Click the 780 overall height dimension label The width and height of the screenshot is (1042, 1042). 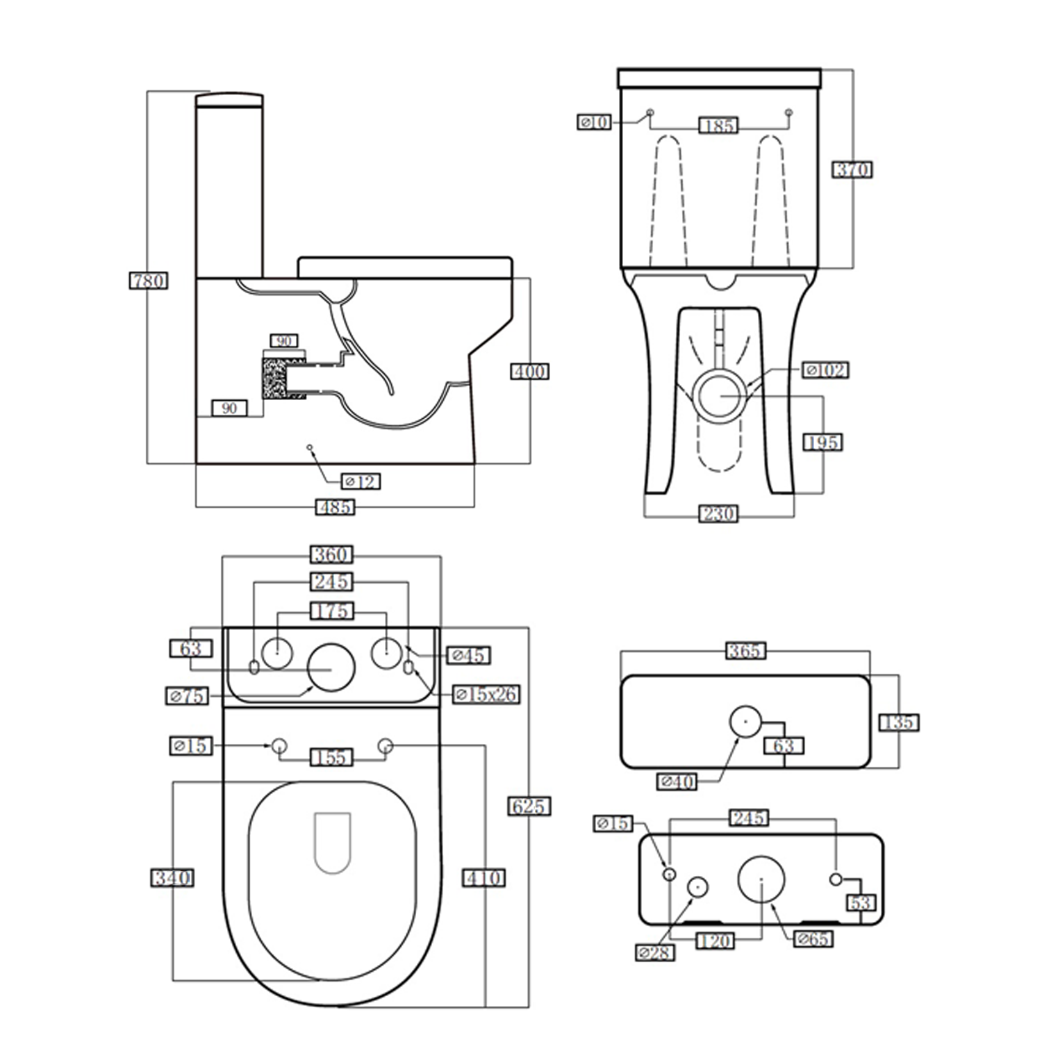tap(149, 281)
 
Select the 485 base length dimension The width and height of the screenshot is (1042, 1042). tap(335, 507)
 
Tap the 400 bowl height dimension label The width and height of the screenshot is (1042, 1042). tap(530, 372)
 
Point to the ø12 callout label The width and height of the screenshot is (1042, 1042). tap(361, 481)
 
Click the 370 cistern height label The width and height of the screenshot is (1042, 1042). tap(852, 169)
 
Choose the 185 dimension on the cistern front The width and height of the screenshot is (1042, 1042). tap(718, 126)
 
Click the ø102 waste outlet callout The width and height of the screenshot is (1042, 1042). tap(826, 370)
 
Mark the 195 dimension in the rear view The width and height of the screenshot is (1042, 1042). tap(822, 443)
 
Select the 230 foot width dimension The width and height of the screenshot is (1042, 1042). tap(718, 514)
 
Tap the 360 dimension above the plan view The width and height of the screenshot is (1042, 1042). tap(331, 554)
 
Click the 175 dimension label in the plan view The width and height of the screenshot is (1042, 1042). tap(331, 611)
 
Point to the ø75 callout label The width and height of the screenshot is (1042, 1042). tap(187, 695)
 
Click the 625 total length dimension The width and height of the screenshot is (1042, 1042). tap(529, 807)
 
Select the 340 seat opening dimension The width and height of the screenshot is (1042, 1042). tap(172, 878)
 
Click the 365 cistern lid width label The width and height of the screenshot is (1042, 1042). tap(745, 651)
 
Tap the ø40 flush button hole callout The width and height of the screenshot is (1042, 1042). tap(677, 782)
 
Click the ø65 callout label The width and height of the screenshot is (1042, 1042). tap(813, 939)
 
